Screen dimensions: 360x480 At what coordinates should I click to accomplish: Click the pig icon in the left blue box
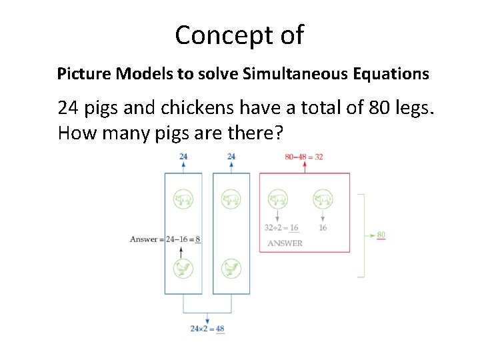click(x=183, y=199)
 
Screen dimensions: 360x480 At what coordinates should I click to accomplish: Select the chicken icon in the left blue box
click(x=183, y=268)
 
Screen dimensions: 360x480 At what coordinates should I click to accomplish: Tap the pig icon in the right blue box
click(x=231, y=199)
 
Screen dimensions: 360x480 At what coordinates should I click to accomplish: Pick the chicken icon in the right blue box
click(x=231, y=268)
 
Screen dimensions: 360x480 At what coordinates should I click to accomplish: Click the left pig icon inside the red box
click(x=277, y=199)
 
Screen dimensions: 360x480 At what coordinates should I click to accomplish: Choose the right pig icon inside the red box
click(x=323, y=199)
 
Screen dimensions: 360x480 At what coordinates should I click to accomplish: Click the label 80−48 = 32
click(x=304, y=157)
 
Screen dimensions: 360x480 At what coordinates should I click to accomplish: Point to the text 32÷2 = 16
click(x=281, y=228)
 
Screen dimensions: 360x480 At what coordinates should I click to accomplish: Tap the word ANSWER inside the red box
click(x=285, y=243)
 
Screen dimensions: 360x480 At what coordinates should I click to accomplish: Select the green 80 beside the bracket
click(x=381, y=235)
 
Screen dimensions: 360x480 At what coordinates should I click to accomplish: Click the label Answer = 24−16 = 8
click(x=165, y=239)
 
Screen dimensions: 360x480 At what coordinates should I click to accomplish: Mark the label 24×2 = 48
click(x=207, y=329)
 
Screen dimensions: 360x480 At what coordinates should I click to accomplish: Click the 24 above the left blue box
click(x=183, y=157)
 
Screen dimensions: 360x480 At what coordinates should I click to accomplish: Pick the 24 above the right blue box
click(x=231, y=157)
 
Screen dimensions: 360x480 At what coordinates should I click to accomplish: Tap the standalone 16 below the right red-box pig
click(x=323, y=228)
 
